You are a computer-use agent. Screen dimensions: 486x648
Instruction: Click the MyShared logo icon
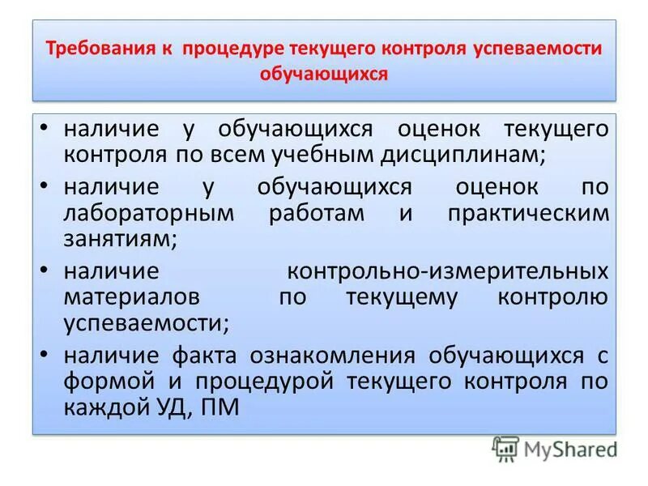[x=506, y=448]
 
